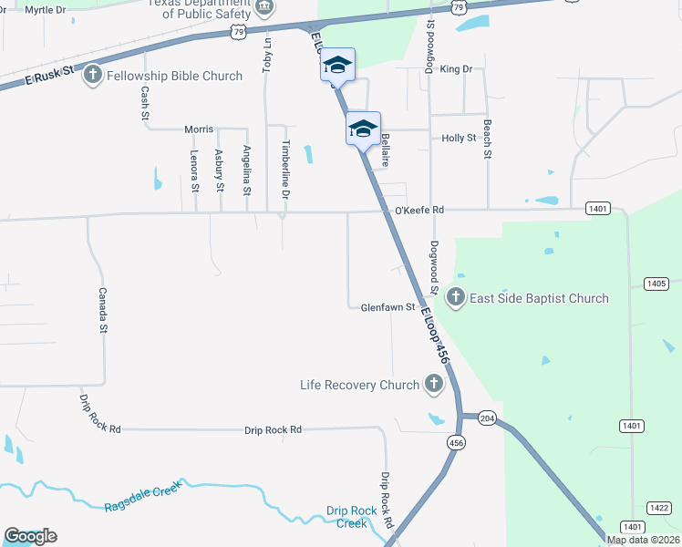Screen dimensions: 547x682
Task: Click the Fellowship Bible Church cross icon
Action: point(92,76)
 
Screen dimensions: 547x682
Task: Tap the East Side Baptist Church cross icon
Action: point(455,298)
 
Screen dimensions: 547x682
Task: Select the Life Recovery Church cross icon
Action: point(433,385)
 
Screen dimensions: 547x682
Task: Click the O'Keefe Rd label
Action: point(418,211)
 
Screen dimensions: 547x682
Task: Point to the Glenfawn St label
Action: point(387,307)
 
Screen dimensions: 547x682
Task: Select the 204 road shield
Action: point(487,418)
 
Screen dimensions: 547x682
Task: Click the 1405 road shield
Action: point(656,284)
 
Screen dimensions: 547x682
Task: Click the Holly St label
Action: point(459,138)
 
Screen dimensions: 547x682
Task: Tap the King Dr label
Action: point(456,69)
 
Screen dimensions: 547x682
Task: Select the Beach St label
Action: point(487,139)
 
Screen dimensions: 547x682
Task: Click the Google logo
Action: point(30,536)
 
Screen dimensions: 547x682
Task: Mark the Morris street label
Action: point(199,129)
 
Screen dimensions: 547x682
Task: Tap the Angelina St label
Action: point(246,170)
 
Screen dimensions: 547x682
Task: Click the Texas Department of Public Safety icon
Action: point(263,8)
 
